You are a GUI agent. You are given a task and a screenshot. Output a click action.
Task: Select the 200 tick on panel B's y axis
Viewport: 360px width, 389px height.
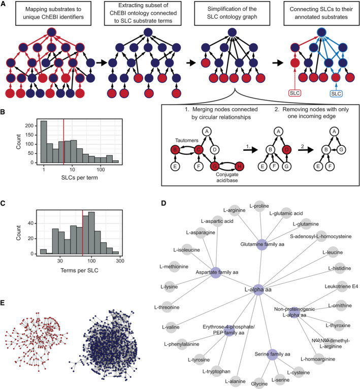21,124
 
